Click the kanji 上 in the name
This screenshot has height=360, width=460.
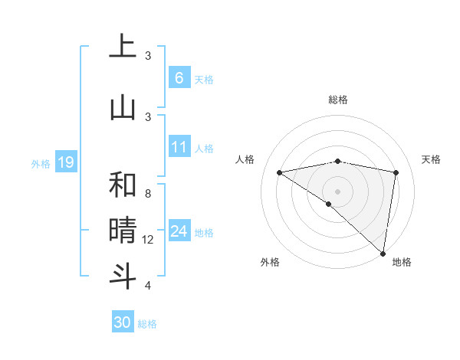pyautogui.click(x=122, y=47)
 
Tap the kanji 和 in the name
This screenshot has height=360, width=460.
pyautogui.click(x=122, y=185)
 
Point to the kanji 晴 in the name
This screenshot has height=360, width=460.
pyautogui.click(x=122, y=230)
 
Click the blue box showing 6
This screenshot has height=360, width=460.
pyautogui.click(x=179, y=77)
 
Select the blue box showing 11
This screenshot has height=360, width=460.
pyautogui.click(x=179, y=146)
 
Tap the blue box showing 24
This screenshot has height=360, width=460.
pyautogui.click(x=179, y=231)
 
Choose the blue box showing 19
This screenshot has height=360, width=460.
pyautogui.click(x=65, y=162)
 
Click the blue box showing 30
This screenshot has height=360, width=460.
pyautogui.click(x=122, y=322)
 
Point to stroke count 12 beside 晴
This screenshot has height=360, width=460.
pyautogui.click(x=148, y=240)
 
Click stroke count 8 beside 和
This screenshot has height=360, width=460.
pyautogui.click(x=148, y=194)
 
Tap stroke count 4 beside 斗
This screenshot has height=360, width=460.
pyautogui.click(x=148, y=286)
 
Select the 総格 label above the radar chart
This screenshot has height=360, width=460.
pyautogui.click(x=338, y=100)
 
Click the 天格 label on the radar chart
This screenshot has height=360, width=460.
pyautogui.click(x=431, y=159)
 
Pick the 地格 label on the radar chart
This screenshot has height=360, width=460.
pyautogui.click(x=402, y=262)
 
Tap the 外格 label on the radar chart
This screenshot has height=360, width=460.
pyautogui.click(x=269, y=262)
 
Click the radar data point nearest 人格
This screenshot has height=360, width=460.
pyautogui.click(x=280, y=172)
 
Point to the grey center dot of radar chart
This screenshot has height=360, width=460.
pyautogui.click(x=337, y=191)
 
